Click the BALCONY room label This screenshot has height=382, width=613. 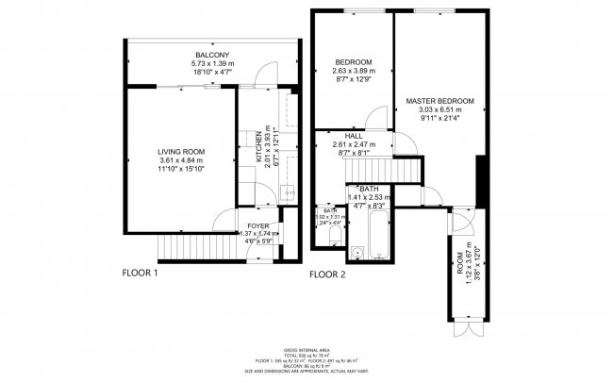tap(207, 55)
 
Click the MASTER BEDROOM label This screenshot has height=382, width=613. tap(439, 100)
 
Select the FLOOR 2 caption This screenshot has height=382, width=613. tap(330, 275)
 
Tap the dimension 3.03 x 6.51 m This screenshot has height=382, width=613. tap(439, 109)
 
